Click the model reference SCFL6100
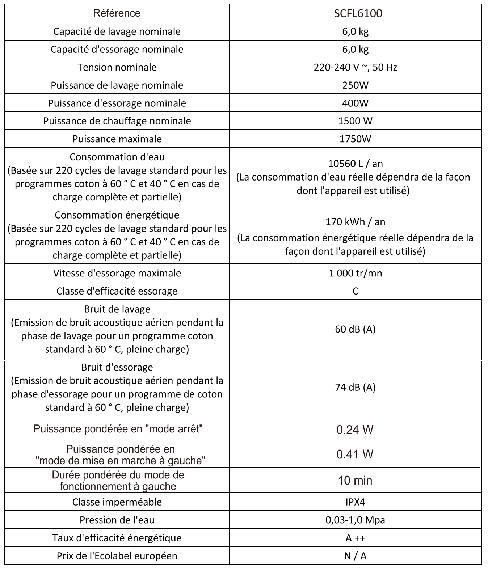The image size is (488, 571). point(355,13)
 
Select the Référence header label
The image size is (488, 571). point(117,13)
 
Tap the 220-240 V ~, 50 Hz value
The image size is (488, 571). point(355,67)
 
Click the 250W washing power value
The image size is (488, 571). point(355,85)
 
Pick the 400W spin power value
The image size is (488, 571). point(355,103)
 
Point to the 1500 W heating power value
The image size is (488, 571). point(355,121)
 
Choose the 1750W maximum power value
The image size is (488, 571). point(355,139)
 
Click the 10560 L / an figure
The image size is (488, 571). point(355,164)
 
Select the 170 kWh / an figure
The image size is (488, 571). point(355,221)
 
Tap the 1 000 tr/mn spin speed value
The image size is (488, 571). point(355,273)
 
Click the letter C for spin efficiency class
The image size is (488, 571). point(355,291)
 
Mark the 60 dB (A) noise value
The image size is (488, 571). point(355,329)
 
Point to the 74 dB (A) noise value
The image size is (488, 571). point(355,387)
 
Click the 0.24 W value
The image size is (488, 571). point(355,430)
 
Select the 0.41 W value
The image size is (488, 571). point(355,454)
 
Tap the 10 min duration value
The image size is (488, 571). point(355,480)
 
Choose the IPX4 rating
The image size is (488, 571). point(355,502)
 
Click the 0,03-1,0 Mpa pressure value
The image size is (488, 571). point(355,520)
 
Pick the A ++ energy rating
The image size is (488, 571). point(355,538)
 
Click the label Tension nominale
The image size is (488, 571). point(117,67)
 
